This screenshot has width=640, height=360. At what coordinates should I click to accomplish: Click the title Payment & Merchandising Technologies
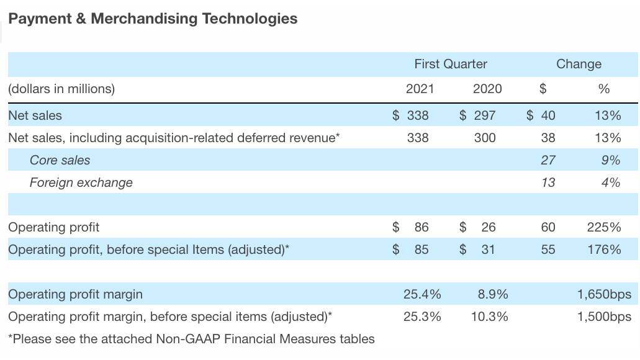(x=153, y=19)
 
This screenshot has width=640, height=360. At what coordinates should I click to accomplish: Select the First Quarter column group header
(x=451, y=64)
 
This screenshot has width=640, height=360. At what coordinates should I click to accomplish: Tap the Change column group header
(x=579, y=64)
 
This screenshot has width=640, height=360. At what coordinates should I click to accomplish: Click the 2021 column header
(x=420, y=89)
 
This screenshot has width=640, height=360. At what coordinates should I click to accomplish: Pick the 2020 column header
(x=487, y=89)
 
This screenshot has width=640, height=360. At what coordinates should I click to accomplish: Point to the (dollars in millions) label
(x=61, y=89)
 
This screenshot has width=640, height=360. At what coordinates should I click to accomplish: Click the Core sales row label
(x=60, y=160)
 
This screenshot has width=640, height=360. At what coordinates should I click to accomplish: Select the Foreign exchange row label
(x=81, y=182)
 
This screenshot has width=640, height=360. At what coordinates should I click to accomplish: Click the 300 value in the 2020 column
(x=485, y=138)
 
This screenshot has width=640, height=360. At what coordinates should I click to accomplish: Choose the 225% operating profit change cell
(x=603, y=227)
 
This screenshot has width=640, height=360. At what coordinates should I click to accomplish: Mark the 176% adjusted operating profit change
(x=603, y=250)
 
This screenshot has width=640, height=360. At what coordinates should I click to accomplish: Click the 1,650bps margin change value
(x=603, y=294)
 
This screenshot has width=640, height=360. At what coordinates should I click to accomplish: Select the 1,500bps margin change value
(x=603, y=317)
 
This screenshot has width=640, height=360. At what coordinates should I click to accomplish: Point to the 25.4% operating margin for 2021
(x=422, y=294)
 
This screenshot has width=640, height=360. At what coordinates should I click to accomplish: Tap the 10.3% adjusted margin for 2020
(x=489, y=317)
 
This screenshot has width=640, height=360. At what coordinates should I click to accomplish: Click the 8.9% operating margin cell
(x=493, y=294)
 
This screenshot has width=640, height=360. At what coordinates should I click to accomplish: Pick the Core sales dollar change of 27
(x=548, y=160)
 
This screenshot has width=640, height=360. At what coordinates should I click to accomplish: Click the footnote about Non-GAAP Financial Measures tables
(x=191, y=339)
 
